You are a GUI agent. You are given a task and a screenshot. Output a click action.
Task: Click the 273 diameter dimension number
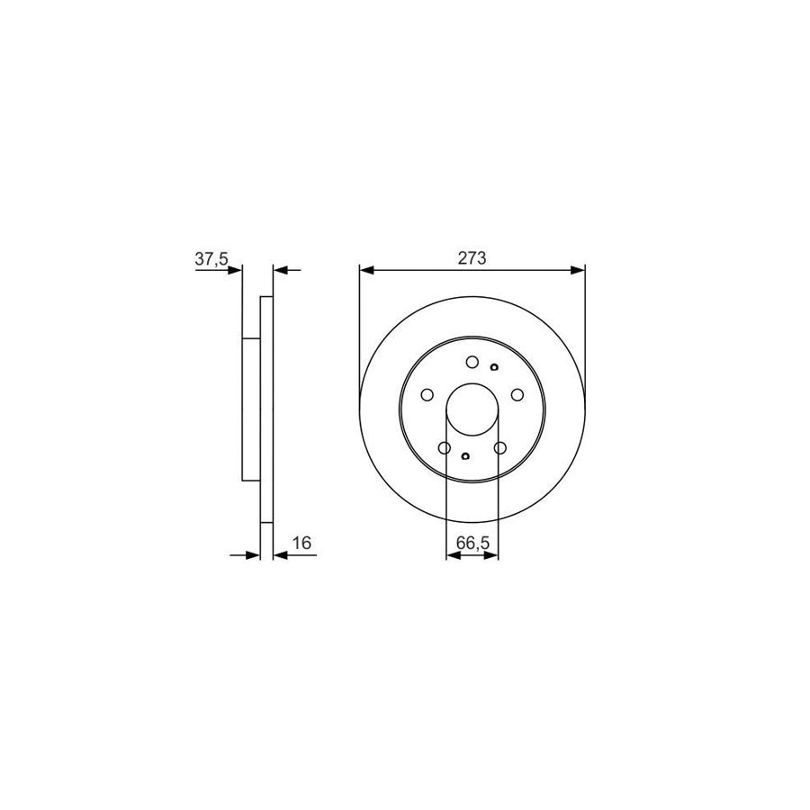click(472, 257)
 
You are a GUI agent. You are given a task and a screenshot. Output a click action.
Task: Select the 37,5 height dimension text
click(212, 259)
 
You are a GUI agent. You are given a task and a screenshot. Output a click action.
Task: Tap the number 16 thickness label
click(301, 544)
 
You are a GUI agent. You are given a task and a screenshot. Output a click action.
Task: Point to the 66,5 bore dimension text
click(472, 544)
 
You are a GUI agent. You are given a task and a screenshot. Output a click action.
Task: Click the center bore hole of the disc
click(472, 407)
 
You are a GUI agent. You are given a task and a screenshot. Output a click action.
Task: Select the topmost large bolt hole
click(472, 362)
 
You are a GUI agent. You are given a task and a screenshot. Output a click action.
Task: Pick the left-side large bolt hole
click(428, 394)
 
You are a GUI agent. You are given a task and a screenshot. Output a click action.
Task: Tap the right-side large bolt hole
click(517, 394)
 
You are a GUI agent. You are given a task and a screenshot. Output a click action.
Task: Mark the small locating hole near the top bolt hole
click(494, 366)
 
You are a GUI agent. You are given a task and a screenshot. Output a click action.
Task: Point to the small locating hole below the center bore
click(464, 456)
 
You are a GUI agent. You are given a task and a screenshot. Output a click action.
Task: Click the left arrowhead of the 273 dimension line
click(365, 268)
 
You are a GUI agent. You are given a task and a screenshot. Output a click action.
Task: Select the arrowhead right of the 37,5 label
click(236, 268)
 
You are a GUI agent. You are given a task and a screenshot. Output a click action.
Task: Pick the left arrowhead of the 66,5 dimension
click(452, 556)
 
